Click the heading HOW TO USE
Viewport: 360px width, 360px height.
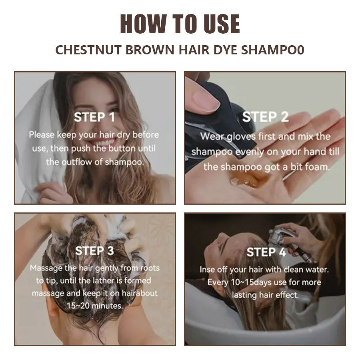(180, 24)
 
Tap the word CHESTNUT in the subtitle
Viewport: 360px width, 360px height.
(89, 50)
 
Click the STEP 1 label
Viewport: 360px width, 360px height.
(94, 117)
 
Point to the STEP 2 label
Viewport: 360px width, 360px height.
(266, 117)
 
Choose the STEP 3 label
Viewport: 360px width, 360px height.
(94, 250)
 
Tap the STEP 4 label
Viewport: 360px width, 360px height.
(266, 252)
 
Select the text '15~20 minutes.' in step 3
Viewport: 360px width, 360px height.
(95, 306)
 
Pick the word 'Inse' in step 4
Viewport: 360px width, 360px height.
(207, 269)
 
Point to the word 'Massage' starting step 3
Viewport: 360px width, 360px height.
(46, 268)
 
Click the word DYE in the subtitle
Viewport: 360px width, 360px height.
(226, 50)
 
